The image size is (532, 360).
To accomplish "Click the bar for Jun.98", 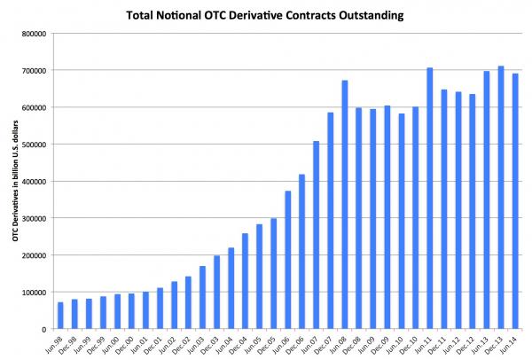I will pyautogui.click(x=60, y=316).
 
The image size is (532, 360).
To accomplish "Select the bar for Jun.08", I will pyautogui.click(x=344, y=205).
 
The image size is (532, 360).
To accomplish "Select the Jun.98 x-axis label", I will pyautogui.click(x=55, y=344).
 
